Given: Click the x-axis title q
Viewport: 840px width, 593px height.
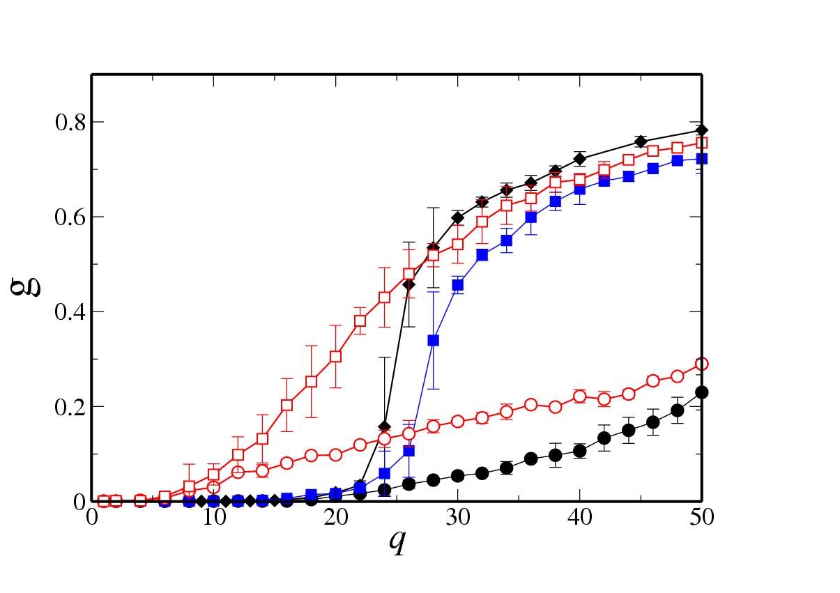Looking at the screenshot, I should (x=397, y=542).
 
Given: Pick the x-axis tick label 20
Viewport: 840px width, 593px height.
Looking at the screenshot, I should (x=335, y=518).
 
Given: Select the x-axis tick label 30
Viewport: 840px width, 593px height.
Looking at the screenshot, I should (x=457, y=518).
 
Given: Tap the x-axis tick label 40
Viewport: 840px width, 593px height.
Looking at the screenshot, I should (x=579, y=518).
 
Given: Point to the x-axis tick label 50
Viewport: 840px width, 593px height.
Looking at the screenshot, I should (x=701, y=518).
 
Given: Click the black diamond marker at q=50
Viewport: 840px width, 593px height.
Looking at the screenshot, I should (x=701, y=130).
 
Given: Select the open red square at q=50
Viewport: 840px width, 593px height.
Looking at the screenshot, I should (x=701, y=143).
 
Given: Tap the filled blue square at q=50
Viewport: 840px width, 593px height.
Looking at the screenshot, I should (x=701, y=159).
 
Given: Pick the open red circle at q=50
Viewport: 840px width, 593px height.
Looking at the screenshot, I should (x=701, y=364).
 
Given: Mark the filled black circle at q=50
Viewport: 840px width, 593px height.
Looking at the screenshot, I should (x=701, y=392).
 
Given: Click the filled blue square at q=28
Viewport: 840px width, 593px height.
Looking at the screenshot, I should (x=433, y=340).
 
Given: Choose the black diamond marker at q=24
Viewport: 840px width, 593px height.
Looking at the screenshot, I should (x=384, y=426).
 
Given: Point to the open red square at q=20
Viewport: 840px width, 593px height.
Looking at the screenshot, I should (x=335, y=356).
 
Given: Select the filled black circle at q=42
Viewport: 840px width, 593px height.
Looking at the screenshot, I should (x=604, y=438).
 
